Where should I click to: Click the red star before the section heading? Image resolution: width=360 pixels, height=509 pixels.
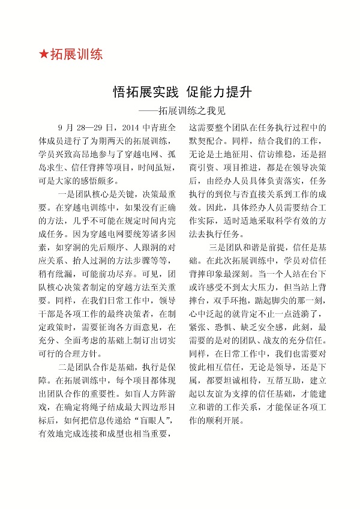(x=43, y=55)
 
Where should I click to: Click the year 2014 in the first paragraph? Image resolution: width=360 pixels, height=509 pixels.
(x=130, y=128)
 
